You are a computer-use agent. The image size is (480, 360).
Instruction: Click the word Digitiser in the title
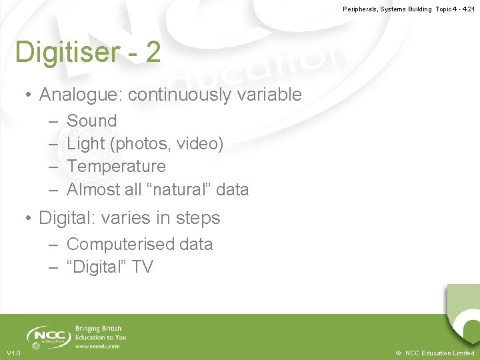tap(63, 53)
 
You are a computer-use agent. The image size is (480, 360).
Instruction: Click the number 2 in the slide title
tap(153, 53)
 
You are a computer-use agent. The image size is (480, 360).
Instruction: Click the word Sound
tap(92, 121)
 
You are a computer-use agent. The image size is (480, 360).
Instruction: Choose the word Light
tap(86, 144)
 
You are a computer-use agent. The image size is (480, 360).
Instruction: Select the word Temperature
tap(116, 167)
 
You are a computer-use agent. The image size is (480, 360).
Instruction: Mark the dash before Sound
tap(53, 121)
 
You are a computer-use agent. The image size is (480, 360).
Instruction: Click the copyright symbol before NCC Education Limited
tap(398, 353)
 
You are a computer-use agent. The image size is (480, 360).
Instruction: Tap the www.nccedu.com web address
tap(97, 347)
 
